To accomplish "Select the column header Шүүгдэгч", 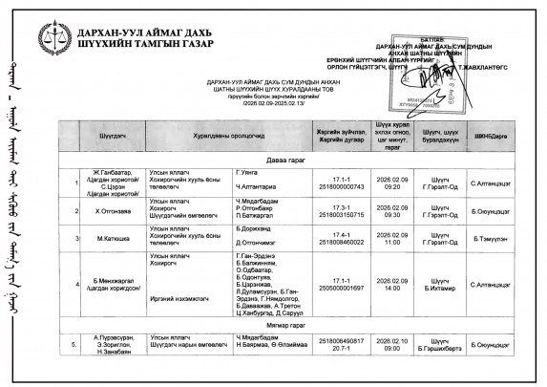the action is pyautogui.click(x=113, y=137).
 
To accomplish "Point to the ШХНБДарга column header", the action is pyautogui.click(x=489, y=137).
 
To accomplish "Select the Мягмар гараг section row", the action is pyautogui.click(x=287, y=326).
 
